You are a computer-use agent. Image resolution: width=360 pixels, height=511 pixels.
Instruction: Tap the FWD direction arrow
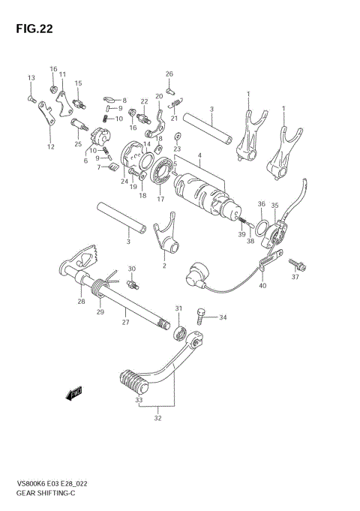point(74,393)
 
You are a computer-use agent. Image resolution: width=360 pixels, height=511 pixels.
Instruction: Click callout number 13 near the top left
point(31,78)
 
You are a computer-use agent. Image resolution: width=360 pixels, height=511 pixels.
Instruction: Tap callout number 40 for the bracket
point(262,285)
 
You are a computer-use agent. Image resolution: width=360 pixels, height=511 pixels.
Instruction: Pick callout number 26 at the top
point(169,74)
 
